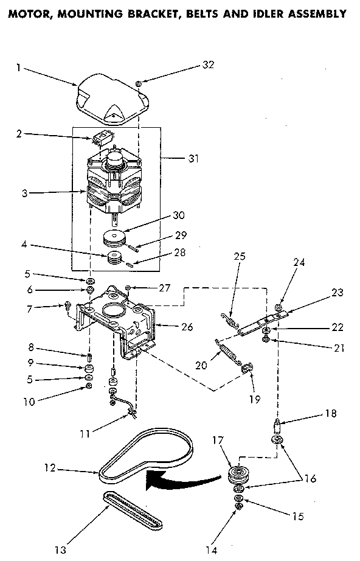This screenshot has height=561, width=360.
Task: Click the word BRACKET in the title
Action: [x=148, y=13]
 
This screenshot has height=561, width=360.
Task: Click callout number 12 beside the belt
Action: [x=50, y=468]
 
